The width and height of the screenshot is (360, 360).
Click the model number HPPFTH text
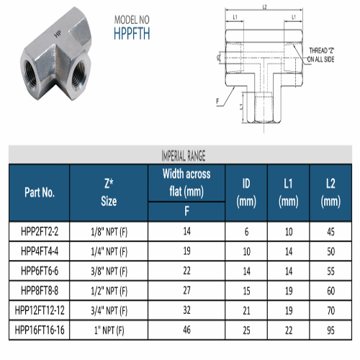coord(132,33)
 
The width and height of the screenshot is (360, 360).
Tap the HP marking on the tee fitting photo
coord(58,34)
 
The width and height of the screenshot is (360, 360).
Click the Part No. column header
coord(40,192)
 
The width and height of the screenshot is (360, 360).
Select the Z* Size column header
coord(109,192)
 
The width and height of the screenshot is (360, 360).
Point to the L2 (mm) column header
coord(330,192)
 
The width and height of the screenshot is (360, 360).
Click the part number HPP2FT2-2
coord(40,232)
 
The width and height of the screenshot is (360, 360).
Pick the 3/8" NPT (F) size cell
coord(109,271)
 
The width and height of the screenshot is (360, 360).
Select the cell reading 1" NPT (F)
coord(109,330)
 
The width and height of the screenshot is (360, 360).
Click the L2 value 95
coord(330,330)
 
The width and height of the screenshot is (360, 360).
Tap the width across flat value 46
coord(186,330)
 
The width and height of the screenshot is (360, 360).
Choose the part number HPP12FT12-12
coord(40,310)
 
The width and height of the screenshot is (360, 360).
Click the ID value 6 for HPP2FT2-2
coord(246,232)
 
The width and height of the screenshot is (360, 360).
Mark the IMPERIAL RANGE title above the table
coord(184,156)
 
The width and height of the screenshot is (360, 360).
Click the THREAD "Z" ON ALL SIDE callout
coord(321,55)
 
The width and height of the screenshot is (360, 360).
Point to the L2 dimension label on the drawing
coord(264,7)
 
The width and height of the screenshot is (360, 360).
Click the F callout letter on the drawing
coord(217,102)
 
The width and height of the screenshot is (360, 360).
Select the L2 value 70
coord(330,311)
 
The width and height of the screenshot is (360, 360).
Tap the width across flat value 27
coord(186,290)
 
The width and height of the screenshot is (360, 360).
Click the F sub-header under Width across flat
coord(186,211)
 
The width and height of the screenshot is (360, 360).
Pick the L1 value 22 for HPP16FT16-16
coord(289,330)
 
